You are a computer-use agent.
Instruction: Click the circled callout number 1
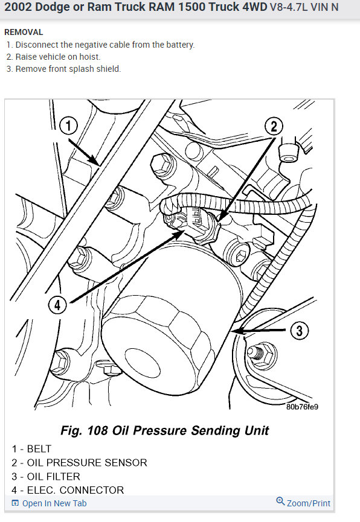click(69, 126)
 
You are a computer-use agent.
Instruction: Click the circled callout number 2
click(274, 126)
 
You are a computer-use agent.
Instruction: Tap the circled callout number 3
click(300, 330)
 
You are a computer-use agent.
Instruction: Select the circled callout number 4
click(57, 305)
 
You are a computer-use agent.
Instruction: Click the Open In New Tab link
click(54, 503)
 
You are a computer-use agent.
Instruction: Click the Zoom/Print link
click(308, 503)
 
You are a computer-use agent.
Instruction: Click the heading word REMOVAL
click(24, 32)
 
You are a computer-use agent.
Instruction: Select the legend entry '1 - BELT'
click(31, 449)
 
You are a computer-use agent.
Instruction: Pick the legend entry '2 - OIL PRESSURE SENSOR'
click(79, 463)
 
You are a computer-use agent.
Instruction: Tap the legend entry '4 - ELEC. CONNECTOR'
click(68, 490)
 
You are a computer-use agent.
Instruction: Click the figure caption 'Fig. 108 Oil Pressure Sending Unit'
click(165, 431)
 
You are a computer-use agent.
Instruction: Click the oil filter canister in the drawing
click(163, 338)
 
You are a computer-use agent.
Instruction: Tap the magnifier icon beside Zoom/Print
click(280, 501)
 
